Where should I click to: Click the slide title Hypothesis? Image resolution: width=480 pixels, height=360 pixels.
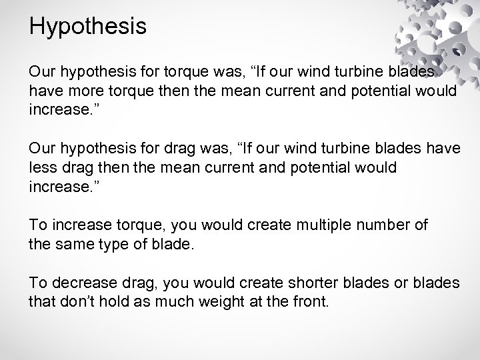click(x=88, y=27)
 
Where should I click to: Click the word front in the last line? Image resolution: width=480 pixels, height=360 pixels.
click(x=309, y=301)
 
